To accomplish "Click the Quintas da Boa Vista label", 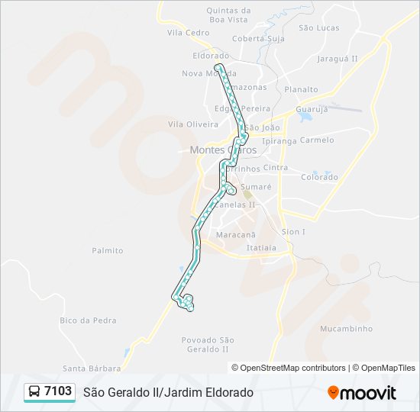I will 229,15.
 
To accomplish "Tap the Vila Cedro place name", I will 188,33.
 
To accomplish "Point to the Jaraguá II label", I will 336,57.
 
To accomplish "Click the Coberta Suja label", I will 258,38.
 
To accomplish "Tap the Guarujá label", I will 311,109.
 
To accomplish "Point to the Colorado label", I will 319,177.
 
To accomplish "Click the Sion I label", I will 293,231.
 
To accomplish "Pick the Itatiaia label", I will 261,248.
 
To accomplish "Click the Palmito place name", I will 108,250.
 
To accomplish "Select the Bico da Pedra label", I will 87,320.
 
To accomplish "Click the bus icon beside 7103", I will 35,392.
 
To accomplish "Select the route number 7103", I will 58,391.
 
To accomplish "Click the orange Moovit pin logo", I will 333,393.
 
